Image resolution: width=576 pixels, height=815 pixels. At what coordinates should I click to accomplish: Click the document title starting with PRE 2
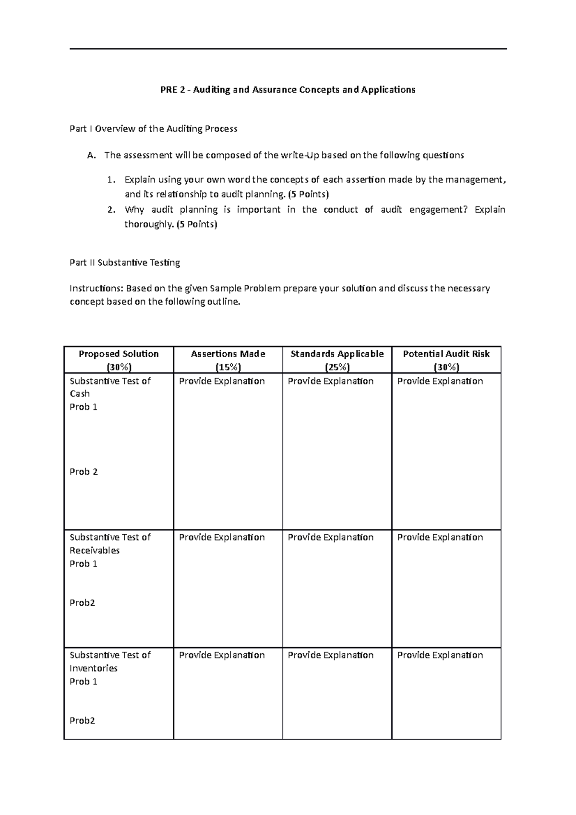coord(288,90)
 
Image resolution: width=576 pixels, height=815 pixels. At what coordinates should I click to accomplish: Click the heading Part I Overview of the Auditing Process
coord(154,129)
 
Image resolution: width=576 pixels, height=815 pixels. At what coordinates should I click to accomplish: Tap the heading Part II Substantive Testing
coord(125,263)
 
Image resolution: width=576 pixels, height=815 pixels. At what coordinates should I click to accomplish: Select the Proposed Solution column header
coord(119,354)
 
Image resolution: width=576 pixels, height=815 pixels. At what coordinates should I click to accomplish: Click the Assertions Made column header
coord(228,354)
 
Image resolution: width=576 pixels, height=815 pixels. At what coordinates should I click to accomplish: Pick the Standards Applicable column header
coord(337,354)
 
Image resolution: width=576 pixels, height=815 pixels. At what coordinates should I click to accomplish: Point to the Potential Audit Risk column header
coord(446,354)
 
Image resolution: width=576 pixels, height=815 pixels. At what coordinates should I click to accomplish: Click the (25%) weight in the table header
coord(337,367)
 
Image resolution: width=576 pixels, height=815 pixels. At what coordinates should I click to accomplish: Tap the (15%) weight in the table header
coord(228,367)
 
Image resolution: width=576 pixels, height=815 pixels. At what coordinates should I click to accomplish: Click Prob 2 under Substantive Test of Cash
coord(84,472)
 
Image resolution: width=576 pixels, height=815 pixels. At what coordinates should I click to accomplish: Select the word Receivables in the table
coord(95,551)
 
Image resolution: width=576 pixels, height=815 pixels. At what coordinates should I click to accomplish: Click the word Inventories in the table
coord(94,668)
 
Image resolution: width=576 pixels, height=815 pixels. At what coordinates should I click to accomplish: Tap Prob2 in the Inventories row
coord(82,720)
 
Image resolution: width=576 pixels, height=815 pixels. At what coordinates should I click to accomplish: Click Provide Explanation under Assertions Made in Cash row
coord(222,381)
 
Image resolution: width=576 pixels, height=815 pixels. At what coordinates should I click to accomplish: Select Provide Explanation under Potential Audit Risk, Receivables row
coord(440,537)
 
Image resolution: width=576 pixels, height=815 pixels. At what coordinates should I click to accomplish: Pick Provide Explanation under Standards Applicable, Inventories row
coord(331,655)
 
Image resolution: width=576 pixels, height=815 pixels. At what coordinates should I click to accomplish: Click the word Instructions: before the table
coord(96,288)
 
